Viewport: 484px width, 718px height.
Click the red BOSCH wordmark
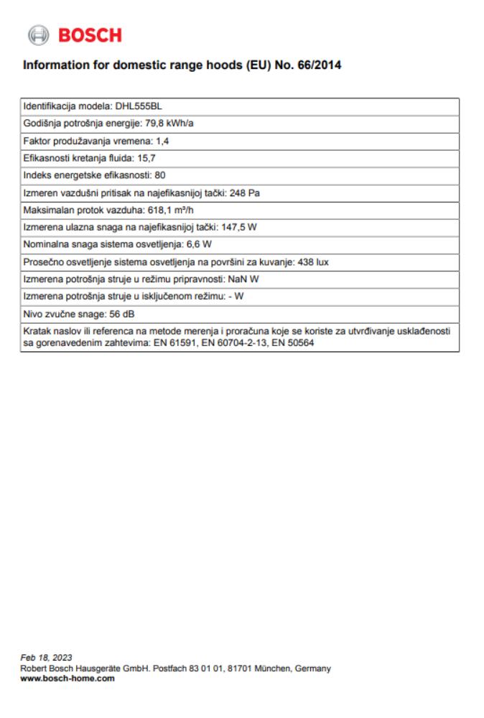(x=89, y=34)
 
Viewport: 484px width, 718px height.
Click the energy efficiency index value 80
(x=161, y=174)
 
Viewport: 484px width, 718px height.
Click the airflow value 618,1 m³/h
(x=173, y=209)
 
